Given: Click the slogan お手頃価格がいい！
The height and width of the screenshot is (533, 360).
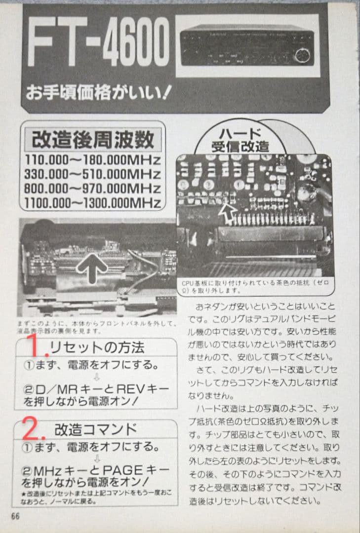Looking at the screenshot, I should click(x=99, y=92).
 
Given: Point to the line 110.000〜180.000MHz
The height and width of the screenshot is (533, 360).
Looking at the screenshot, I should click(x=93, y=160).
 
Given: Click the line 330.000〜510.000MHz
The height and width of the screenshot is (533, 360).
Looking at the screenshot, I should click(x=93, y=174).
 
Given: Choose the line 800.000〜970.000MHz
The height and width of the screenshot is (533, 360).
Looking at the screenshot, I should click(x=93, y=189).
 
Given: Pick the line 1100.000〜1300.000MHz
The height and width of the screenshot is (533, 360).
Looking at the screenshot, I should click(x=93, y=203).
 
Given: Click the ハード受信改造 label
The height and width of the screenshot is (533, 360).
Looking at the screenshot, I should click(x=240, y=139).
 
